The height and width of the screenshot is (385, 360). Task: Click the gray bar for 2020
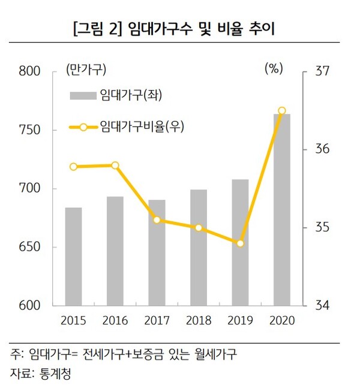tap(282, 209)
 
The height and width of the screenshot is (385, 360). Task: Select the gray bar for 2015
tap(74, 256)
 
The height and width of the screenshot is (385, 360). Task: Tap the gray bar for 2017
tap(157, 252)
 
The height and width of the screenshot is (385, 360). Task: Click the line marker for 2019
tap(240, 243)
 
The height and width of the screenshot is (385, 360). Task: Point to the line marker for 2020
tap(282, 110)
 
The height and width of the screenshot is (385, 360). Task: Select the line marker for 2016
tap(115, 166)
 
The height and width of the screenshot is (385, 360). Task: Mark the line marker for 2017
tap(157, 220)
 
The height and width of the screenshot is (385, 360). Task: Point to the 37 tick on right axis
tap(322, 71)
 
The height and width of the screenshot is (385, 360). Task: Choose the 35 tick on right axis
tap(322, 228)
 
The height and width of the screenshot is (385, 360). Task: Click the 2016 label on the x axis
tap(115, 321)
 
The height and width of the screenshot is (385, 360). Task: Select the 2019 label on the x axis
tap(240, 321)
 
